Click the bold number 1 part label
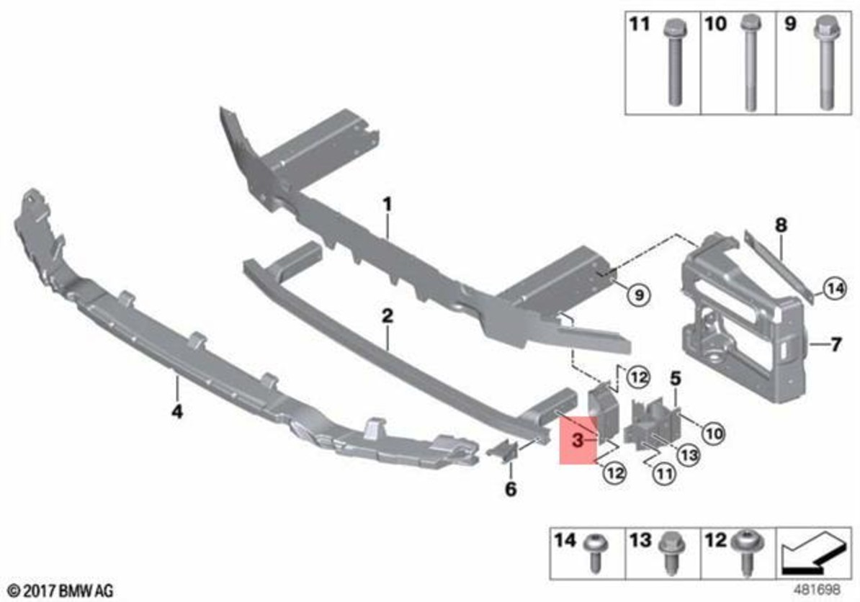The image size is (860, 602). pyautogui.click(x=387, y=205)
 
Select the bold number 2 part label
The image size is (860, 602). pyautogui.click(x=387, y=315)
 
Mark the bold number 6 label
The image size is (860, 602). pyautogui.click(x=510, y=490)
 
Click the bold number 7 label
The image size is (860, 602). pyautogui.click(x=836, y=345)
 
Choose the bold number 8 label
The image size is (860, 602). pyautogui.click(x=781, y=225)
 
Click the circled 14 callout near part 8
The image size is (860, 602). pyautogui.click(x=833, y=289)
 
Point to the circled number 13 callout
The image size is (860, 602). pyautogui.click(x=689, y=455)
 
